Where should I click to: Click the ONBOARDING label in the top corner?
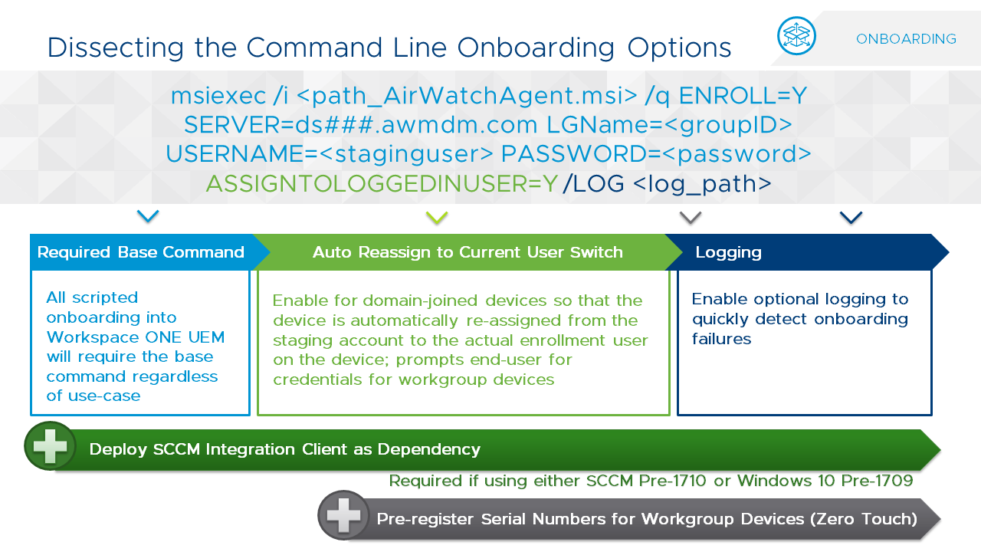point(906,39)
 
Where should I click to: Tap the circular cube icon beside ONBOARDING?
point(796,36)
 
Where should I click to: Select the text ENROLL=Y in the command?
point(743,95)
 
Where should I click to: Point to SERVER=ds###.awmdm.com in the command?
point(361,124)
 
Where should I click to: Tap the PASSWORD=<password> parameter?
point(656,154)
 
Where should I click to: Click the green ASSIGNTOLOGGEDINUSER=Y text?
point(382,184)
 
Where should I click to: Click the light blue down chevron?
point(148,216)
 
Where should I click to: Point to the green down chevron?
point(437,218)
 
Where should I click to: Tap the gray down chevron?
point(691,218)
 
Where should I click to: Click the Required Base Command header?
point(140,252)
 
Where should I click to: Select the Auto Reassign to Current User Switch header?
point(468,252)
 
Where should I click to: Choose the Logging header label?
point(728,252)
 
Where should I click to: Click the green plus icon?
point(50,445)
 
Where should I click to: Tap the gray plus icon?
point(343,515)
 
